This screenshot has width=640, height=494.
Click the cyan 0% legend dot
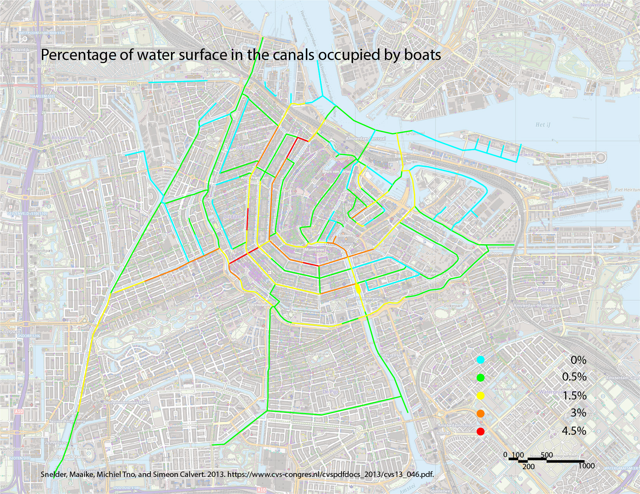[x=481, y=360]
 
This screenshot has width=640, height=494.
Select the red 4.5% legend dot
[x=481, y=431]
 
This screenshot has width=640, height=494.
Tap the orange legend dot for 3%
[x=481, y=413]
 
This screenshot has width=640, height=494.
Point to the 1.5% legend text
[x=574, y=395]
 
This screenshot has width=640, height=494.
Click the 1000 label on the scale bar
[x=586, y=466]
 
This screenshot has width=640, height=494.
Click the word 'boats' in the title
[x=422, y=55]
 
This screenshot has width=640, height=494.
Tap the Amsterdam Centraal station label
[x=366, y=139]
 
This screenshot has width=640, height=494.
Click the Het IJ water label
[x=543, y=125]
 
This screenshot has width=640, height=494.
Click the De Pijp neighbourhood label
[x=330, y=392]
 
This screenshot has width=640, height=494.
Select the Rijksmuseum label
[x=258, y=305]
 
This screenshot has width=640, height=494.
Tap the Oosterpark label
[x=453, y=306]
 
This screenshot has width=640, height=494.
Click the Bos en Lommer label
[x=66, y=137]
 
